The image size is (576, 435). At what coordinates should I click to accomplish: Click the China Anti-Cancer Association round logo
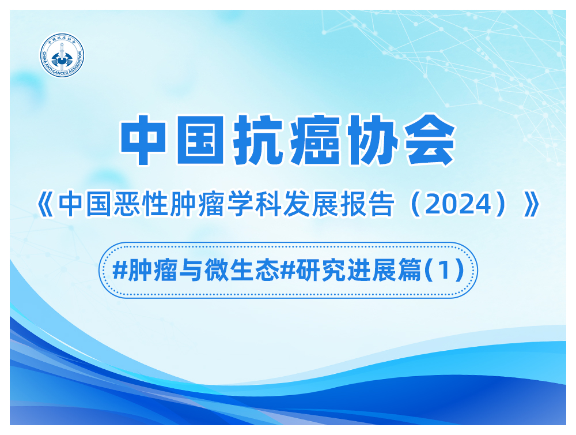point(62,55)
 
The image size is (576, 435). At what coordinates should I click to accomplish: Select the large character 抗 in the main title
point(257,139)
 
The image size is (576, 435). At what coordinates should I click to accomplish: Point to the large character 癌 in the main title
point(314,139)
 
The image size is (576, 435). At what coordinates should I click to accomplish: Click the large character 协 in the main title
point(372,139)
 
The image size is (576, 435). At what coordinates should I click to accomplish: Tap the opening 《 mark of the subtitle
point(45,205)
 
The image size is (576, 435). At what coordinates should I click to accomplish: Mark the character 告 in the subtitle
point(382,204)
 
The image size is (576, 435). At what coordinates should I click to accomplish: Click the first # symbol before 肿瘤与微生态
point(119,271)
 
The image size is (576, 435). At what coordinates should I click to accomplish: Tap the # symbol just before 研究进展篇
point(287,271)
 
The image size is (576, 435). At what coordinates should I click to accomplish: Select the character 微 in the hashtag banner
point(217,271)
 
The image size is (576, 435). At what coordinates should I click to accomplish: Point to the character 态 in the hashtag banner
point(267,271)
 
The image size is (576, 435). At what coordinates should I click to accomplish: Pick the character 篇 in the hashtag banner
point(410,271)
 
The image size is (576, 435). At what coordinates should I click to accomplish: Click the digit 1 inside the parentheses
point(444,271)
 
